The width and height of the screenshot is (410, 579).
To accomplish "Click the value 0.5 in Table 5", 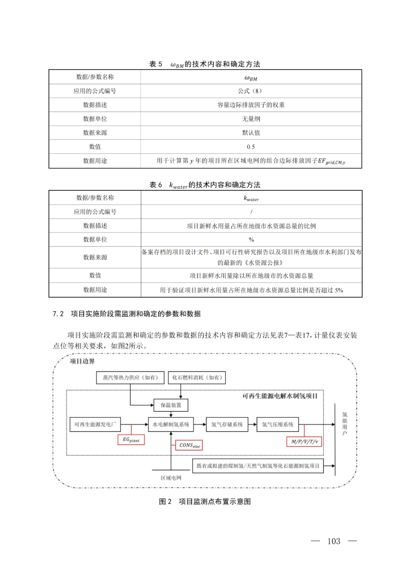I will [x=251, y=147].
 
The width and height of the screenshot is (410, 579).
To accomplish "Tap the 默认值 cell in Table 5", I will [x=251, y=133].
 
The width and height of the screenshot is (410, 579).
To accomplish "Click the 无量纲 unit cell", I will [x=251, y=119].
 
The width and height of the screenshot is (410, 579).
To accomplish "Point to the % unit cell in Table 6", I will [x=251, y=240].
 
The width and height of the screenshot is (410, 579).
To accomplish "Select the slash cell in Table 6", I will [x=251, y=212].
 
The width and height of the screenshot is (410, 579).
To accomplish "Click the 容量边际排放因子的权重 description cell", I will [x=251, y=105].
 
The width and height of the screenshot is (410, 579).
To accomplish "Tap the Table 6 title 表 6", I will [x=156, y=185].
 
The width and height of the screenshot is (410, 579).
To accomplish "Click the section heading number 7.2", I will [x=58, y=314].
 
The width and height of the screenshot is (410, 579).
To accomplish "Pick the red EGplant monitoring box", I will [x=131, y=440].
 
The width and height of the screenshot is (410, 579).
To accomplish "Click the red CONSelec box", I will [x=189, y=445].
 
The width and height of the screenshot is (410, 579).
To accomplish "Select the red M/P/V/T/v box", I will [x=304, y=441].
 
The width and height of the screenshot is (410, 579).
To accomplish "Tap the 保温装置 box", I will [x=171, y=405].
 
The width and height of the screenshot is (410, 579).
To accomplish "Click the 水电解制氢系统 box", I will [x=171, y=425].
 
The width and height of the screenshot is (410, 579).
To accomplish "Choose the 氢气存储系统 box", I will [x=227, y=425].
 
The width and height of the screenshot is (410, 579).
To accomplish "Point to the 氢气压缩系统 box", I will [x=278, y=425].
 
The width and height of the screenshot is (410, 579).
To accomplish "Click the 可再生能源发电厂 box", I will [x=95, y=425].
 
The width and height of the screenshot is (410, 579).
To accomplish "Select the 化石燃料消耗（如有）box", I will [x=197, y=378].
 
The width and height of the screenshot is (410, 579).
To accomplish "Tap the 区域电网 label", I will [x=171, y=478].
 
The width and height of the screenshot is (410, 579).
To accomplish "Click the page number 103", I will [x=334, y=541].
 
